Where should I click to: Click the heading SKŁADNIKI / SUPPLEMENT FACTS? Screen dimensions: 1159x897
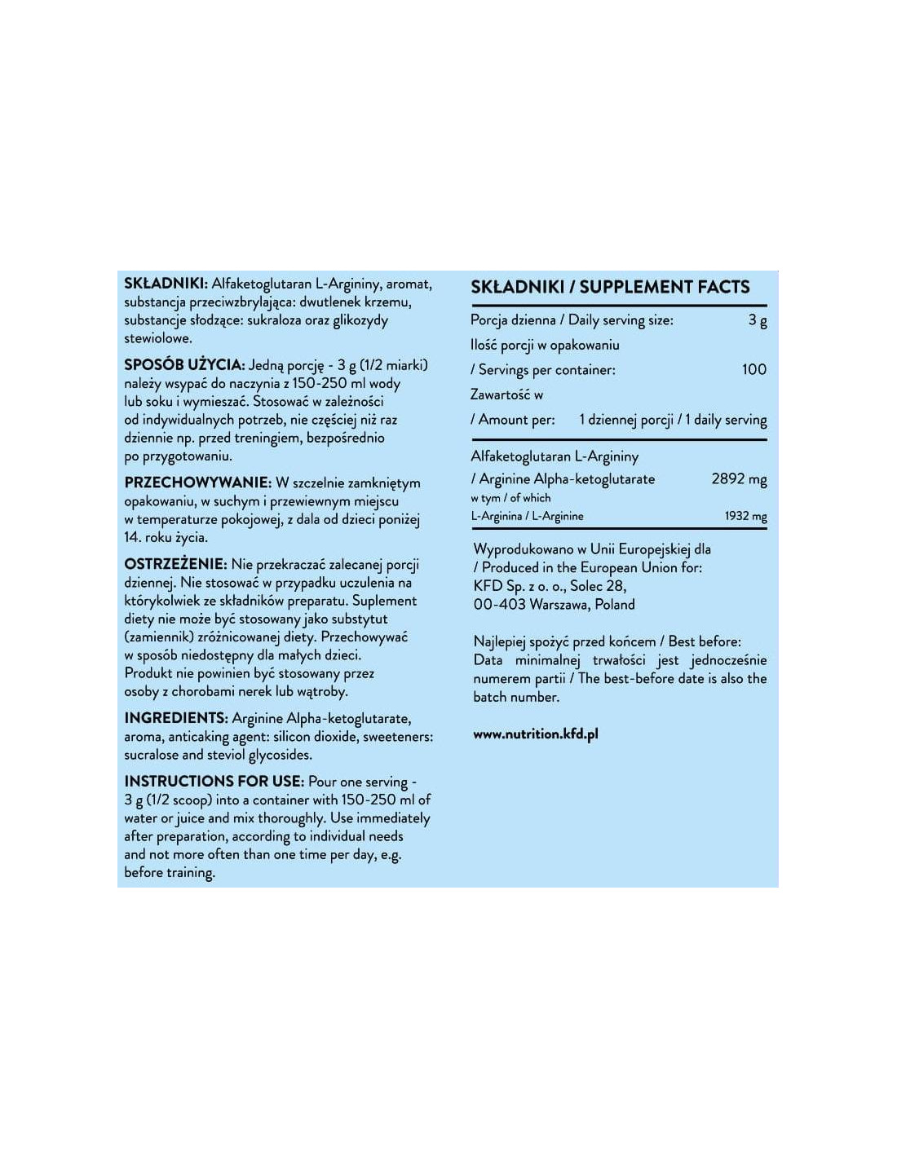[x=610, y=287]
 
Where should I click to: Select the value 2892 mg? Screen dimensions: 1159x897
[x=739, y=478]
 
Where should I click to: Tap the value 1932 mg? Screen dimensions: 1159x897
[x=745, y=516]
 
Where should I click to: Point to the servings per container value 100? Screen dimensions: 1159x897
[x=753, y=369]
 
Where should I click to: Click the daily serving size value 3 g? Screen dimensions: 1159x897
[x=758, y=320]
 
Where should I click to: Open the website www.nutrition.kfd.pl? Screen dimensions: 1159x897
[x=536, y=734]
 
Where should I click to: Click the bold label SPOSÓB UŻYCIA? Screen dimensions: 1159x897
[x=184, y=364]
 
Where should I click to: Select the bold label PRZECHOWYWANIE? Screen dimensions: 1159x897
[x=197, y=483]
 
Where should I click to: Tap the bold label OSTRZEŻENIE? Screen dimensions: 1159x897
[x=175, y=564]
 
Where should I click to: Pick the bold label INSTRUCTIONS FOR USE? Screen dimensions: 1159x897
[x=214, y=781]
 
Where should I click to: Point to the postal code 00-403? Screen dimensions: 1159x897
[x=499, y=604]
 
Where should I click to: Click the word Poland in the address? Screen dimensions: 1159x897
[x=615, y=604]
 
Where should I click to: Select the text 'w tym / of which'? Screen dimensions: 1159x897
[x=510, y=498]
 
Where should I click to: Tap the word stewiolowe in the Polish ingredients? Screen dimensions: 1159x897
[x=158, y=337]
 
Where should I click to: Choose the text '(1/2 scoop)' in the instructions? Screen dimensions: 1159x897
[x=179, y=800]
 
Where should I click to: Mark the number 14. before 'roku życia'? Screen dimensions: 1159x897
[x=133, y=537]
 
